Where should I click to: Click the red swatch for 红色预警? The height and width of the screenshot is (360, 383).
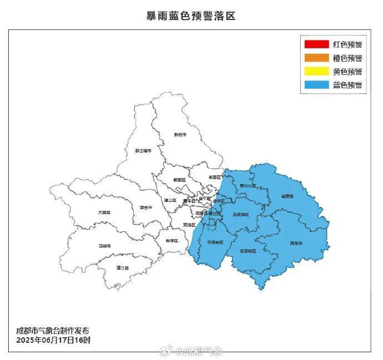point(316,44)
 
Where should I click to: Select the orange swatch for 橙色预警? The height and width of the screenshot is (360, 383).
point(316,58)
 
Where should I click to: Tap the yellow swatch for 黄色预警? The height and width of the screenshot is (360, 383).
point(316,72)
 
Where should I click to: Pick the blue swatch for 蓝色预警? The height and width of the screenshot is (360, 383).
point(316,85)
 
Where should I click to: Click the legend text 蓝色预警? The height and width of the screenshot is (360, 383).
point(347,85)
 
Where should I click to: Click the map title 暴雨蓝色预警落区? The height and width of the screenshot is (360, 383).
point(191,16)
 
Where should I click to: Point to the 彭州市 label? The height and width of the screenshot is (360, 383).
point(180,135)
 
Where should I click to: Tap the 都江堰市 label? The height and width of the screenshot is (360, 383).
point(143,150)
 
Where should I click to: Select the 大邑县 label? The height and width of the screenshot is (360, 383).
point(104,212)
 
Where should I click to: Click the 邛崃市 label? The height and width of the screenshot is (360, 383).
point(105,245)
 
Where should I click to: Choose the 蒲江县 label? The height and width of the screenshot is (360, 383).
point(123,268)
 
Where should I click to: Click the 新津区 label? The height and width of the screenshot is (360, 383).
point(172,240)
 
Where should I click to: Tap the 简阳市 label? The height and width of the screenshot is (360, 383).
point(296,243)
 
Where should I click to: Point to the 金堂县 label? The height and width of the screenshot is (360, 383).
point(288,196)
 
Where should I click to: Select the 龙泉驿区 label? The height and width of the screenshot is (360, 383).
point(240,214)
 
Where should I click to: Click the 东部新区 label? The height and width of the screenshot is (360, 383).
point(248,251)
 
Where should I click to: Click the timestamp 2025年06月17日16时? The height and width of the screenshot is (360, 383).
point(53,339)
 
